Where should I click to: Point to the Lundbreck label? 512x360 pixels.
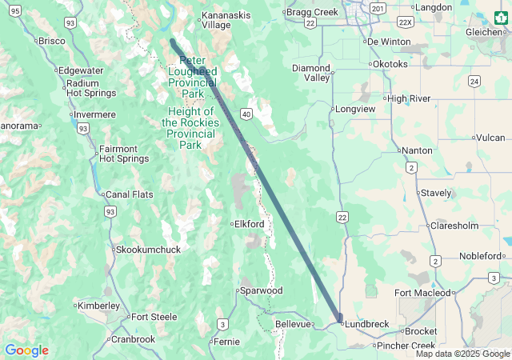point(367,324)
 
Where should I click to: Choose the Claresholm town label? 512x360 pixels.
point(454,226)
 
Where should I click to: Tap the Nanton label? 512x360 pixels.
point(417,150)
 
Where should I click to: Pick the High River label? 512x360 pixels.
point(409,98)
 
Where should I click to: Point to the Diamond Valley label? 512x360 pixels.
point(311,73)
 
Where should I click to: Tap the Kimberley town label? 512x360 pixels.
point(98,306)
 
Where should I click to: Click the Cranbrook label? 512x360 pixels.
point(133,339)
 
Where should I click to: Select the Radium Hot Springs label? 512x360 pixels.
point(91,88)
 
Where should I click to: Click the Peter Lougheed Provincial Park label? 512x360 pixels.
point(193,77)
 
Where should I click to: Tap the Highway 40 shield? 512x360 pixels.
point(246,115)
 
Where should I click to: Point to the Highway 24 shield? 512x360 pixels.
point(474,82)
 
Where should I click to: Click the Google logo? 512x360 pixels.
point(26,350)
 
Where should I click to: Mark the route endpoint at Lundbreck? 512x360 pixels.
point(340,318)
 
